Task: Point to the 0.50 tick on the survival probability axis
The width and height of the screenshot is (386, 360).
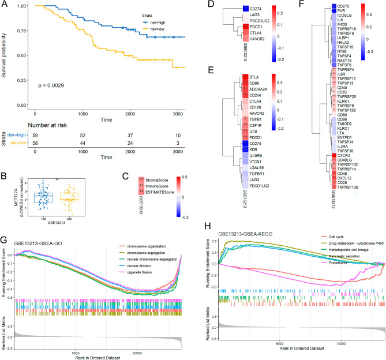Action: tap(25, 55)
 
